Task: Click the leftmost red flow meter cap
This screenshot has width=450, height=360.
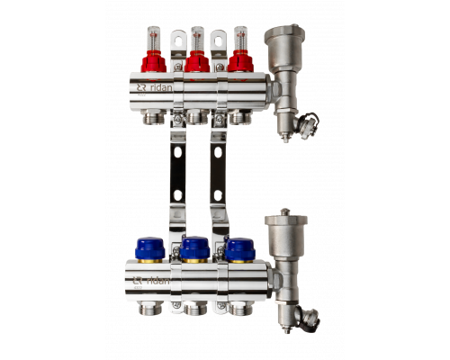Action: click(x=154, y=61)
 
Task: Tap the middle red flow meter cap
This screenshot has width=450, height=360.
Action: click(x=197, y=61)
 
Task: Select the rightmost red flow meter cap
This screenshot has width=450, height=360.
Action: click(x=240, y=61)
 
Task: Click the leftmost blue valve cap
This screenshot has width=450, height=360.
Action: click(x=150, y=248)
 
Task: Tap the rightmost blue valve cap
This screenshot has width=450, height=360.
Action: click(x=240, y=249)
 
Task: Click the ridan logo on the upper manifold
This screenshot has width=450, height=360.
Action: click(x=155, y=87)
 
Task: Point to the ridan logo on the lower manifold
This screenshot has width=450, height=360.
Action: click(x=151, y=281)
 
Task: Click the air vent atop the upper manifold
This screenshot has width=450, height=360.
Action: click(x=284, y=48)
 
